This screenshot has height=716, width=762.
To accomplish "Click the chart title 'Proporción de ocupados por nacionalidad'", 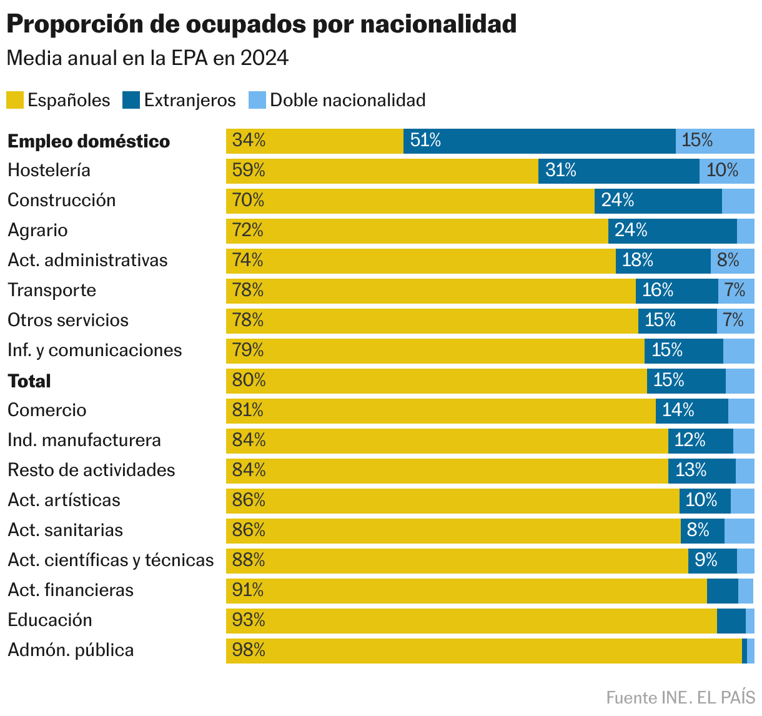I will point(262,24).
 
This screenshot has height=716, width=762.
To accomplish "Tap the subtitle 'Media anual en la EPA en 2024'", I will point(147,58).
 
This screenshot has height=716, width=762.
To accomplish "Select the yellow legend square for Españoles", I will point(15,100).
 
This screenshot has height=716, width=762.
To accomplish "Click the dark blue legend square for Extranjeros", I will point(131,100).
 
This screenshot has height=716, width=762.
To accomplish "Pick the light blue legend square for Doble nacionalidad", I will point(257,100).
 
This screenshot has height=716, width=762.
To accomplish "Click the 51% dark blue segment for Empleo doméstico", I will point(539,141).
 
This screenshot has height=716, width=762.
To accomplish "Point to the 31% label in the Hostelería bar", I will point(560,171).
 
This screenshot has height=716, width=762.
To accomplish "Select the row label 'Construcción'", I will point(62,201).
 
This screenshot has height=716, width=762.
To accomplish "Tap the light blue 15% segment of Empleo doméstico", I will point(715,141).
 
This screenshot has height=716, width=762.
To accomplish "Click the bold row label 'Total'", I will point(29,381).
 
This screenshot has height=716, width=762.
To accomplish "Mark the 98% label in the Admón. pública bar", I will point(249,650).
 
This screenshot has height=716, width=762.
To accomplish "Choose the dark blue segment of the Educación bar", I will point(731,620).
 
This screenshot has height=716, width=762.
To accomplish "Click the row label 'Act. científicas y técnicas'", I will point(111,560).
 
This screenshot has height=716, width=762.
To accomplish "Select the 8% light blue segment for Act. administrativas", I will point(732,261).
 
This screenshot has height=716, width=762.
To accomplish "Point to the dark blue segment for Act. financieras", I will point(722,590).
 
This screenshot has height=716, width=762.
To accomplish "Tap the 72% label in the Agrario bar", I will point(248,231).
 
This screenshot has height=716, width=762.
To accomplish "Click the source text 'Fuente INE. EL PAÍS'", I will point(680,697).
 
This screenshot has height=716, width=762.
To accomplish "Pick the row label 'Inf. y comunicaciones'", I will point(95,351).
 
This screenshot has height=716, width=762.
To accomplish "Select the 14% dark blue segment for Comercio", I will point(691,410).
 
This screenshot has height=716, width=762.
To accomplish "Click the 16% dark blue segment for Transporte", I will point(676,291).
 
